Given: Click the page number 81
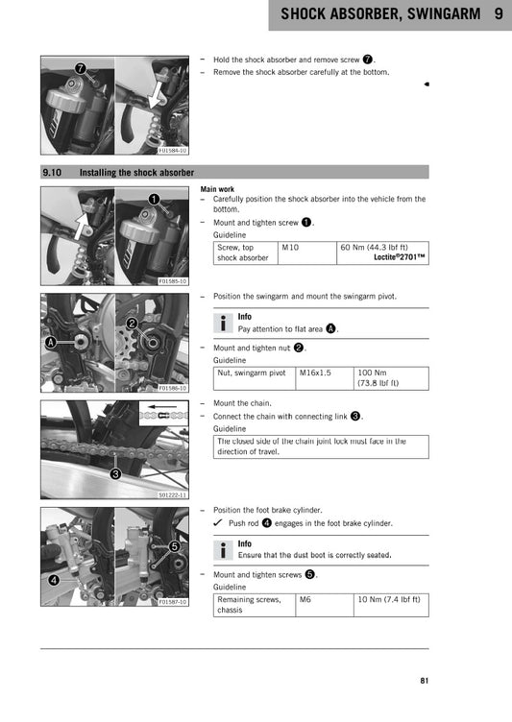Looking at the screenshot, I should [x=424, y=682].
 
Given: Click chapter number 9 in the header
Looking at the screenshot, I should [x=499, y=14].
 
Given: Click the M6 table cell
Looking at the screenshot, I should [x=305, y=599].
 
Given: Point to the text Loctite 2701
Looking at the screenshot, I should [x=400, y=257].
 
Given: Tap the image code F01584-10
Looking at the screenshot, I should [x=173, y=151].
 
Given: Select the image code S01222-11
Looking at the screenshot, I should [x=173, y=494].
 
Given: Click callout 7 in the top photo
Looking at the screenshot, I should [x=81, y=68].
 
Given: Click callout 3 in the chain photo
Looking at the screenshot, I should [x=114, y=473].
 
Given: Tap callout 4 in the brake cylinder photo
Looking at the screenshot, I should [x=53, y=580].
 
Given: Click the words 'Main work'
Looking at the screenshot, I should [x=217, y=189].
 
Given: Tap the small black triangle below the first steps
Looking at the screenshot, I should [x=426, y=84].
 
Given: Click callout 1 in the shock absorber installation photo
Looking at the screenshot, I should [x=153, y=198].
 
